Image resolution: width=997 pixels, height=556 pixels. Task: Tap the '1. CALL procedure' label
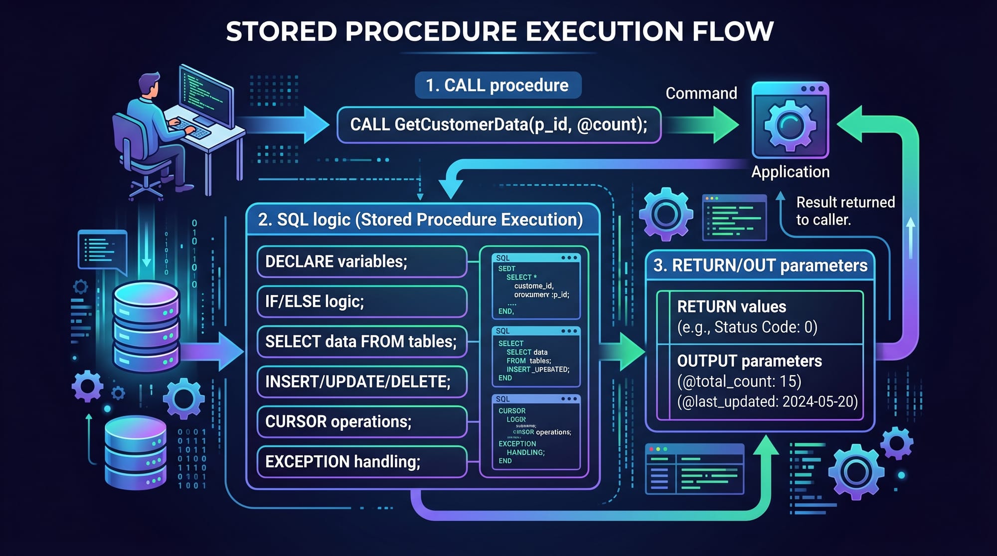[x=497, y=85]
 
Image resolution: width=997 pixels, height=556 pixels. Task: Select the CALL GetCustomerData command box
[x=498, y=125]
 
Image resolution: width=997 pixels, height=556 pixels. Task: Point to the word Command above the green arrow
[x=701, y=93]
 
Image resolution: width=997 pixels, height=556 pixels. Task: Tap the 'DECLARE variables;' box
[x=361, y=262]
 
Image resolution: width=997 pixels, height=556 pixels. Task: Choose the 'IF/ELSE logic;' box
[x=361, y=301]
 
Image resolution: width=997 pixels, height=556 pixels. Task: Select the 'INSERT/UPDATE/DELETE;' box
[x=361, y=382]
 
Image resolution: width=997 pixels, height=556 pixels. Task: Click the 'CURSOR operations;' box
[x=361, y=421]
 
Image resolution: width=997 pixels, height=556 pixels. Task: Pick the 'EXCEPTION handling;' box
[x=361, y=461]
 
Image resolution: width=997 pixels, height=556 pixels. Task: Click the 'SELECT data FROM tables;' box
[x=361, y=342]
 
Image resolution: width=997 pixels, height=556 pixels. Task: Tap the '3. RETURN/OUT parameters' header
[x=760, y=266]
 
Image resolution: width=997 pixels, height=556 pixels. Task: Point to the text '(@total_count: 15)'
[x=739, y=381]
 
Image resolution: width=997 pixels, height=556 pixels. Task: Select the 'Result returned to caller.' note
[x=844, y=211]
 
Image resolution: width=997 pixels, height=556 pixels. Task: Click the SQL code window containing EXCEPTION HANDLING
[x=535, y=432]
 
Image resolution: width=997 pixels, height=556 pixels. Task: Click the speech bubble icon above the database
[x=102, y=250]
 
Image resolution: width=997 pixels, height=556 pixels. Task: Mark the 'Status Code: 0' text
[x=765, y=327]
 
